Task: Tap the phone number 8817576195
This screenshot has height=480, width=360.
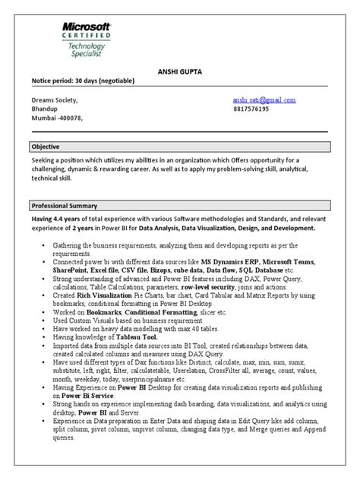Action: click(252, 109)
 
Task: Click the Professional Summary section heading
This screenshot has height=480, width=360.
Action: click(64, 206)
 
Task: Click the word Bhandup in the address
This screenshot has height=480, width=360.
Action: click(44, 109)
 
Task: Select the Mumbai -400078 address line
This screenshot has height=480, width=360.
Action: click(56, 118)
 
